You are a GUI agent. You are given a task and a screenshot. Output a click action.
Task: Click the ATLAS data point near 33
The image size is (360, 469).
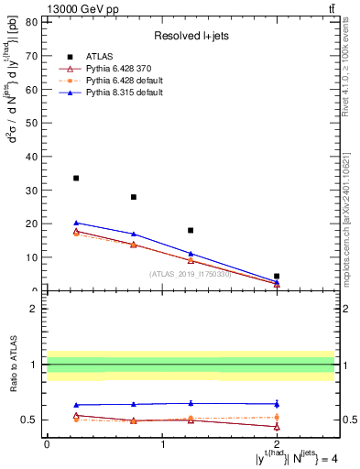click(76, 178)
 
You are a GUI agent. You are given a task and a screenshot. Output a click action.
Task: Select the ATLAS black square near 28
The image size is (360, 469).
click(134, 197)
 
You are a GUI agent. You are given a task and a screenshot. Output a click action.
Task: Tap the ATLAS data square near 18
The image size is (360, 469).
click(191, 230)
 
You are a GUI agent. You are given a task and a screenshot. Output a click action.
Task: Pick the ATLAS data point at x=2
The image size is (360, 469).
click(277, 276)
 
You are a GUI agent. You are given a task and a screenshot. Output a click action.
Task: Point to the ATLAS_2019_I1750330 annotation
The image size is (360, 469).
click(190, 273)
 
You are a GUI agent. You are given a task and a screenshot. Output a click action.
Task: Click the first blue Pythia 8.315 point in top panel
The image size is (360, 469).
click(76, 223)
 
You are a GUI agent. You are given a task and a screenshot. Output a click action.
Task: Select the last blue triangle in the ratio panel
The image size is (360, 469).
click(277, 404)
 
